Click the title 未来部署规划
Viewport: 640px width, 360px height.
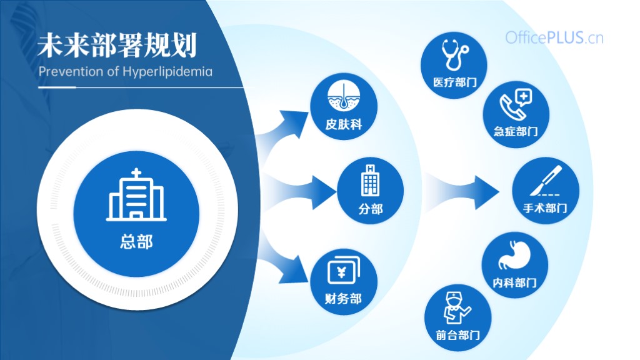coord(117,45)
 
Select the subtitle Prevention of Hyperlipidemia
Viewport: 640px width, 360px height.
coord(125,71)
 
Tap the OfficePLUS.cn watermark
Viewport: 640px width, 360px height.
coord(554,38)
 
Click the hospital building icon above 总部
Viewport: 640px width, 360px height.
coord(136,195)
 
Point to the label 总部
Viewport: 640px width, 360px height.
coord(136,242)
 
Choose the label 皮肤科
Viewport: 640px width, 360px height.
coord(343,124)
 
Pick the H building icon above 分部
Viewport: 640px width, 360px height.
coord(370,180)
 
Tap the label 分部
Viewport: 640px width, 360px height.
coord(370,209)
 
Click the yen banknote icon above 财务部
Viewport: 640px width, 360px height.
coord(343,269)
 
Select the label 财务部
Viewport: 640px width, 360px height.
coord(343,299)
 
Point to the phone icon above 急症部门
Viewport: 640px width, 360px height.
coord(516,104)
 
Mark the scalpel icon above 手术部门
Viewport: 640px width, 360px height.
coord(546,181)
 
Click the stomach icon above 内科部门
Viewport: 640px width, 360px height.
coord(514,256)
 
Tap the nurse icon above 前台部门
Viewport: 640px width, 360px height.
coord(457,307)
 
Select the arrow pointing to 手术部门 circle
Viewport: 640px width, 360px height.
coord(463,192)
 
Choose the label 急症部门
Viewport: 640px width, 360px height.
coord(516,131)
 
